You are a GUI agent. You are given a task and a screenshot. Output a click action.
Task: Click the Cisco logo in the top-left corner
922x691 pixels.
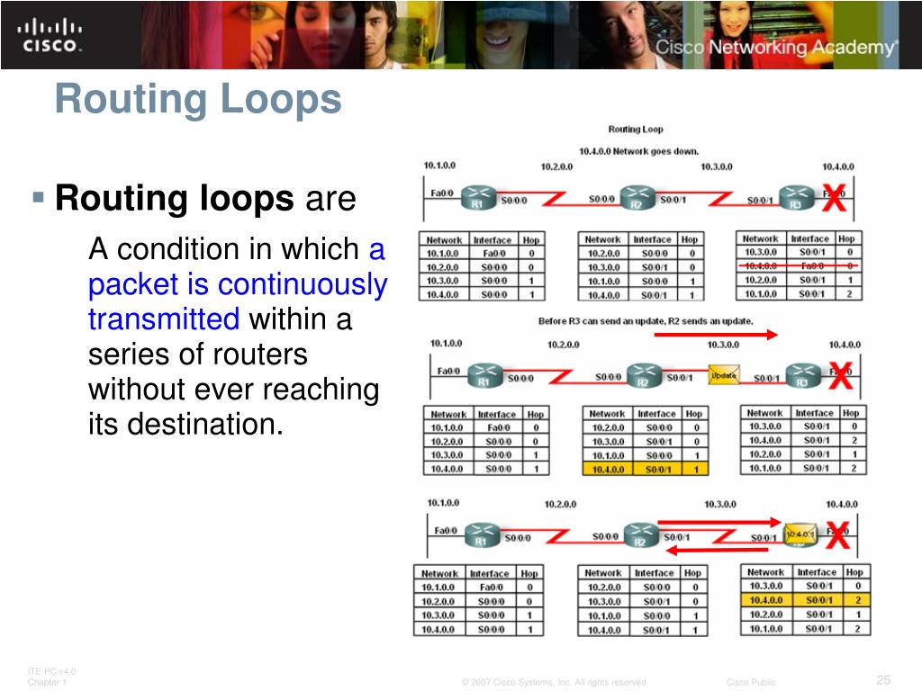click(50, 35)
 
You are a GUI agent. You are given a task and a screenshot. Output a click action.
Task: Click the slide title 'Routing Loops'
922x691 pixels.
click(198, 99)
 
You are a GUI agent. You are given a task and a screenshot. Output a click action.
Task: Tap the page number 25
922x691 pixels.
click(882, 678)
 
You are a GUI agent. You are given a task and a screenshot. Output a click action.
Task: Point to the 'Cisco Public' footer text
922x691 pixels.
click(751, 682)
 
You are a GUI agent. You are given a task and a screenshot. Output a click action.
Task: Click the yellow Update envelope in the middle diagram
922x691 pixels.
click(724, 375)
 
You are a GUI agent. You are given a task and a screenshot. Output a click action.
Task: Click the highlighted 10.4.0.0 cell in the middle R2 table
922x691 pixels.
click(609, 469)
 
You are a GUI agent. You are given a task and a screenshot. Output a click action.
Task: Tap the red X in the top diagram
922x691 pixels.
click(835, 199)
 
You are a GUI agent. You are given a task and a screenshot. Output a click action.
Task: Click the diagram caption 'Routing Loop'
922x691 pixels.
click(635, 130)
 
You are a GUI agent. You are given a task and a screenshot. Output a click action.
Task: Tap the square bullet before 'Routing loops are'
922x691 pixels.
click(38, 196)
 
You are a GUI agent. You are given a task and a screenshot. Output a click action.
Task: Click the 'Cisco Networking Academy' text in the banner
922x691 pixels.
click(775, 48)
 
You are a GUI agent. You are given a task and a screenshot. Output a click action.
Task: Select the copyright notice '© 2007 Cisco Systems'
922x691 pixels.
click(555, 682)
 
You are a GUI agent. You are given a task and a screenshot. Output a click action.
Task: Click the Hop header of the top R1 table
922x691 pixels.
click(530, 240)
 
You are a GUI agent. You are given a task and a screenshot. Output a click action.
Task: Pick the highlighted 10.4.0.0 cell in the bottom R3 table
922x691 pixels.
click(765, 599)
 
